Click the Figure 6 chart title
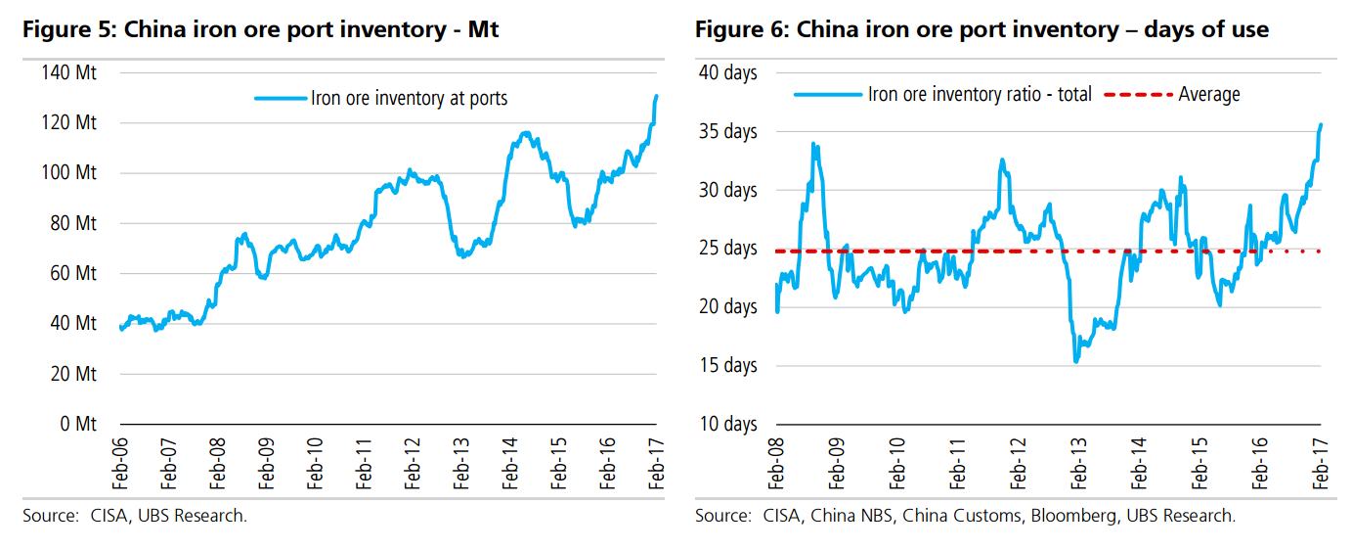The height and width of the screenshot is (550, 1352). pyautogui.click(x=981, y=29)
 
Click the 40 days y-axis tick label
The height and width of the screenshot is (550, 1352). pyautogui.click(x=726, y=72)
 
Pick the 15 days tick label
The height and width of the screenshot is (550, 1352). pyautogui.click(x=726, y=365)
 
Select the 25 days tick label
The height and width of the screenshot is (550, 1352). pyautogui.click(x=726, y=248)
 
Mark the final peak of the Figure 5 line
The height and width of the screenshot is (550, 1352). pyautogui.click(x=656, y=96)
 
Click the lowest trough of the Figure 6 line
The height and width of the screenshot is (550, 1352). pyautogui.click(x=1076, y=362)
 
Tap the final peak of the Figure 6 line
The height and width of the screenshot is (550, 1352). pyautogui.click(x=1322, y=124)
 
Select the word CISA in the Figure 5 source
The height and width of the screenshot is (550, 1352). pyautogui.click(x=99, y=515)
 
